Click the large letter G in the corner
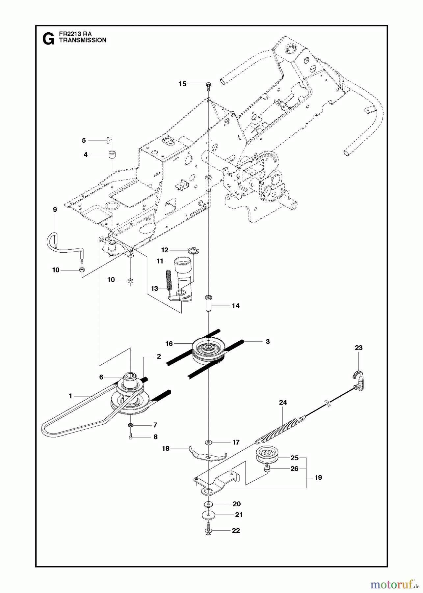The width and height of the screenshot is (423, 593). click(48, 40)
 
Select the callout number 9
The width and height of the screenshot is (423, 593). click(55, 210)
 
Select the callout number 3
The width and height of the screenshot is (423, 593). click(268, 342)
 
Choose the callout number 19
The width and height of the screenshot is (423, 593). click(318, 477)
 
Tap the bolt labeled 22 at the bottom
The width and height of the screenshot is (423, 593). click(208, 530)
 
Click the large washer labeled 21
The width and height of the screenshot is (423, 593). click(208, 515)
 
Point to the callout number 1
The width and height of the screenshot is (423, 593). click(70, 396)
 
